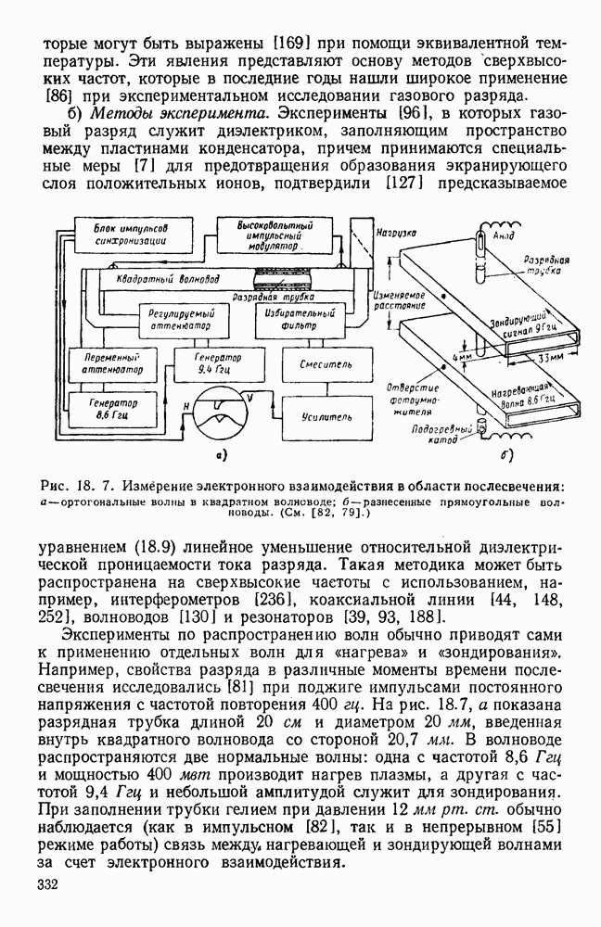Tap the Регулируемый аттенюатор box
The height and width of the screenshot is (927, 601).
182,321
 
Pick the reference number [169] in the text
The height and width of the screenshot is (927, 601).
288,43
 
